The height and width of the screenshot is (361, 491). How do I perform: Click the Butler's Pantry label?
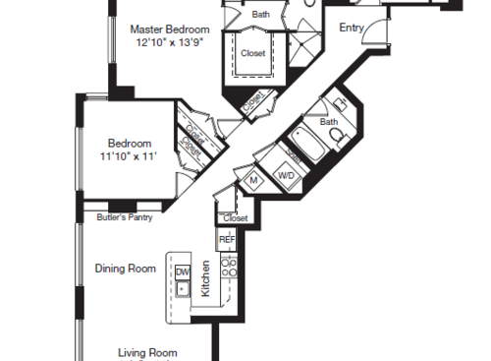[125, 217]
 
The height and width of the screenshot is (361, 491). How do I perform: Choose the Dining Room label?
[125, 268]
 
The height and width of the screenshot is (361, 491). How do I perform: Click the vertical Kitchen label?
[205, 279]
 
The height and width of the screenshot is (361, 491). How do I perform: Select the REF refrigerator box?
[227, 239]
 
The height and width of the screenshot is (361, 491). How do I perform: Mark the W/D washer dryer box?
[287, 175]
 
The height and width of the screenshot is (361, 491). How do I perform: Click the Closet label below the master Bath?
[252, 54]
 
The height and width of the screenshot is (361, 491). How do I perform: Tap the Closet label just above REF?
[236, 217]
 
